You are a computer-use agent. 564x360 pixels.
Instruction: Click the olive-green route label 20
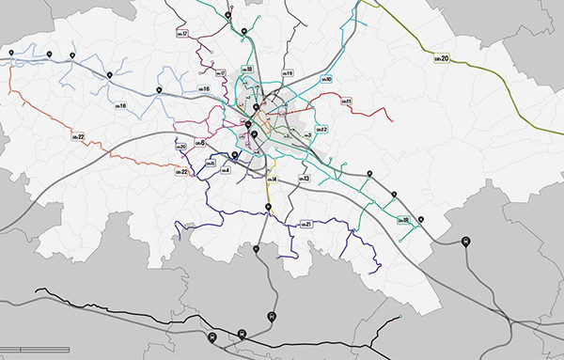442,59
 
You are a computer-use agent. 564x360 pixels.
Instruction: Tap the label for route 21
305,224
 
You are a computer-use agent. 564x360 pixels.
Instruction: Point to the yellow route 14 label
271,179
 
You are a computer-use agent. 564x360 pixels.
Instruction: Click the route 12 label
320,130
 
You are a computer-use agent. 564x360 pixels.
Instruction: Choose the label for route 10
325,80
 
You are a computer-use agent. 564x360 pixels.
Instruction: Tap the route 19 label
288,73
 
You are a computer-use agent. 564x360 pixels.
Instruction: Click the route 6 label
198,142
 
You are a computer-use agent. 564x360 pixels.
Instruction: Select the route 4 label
224,170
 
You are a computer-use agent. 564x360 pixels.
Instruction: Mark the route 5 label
211,164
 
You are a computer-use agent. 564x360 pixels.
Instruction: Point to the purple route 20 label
181,147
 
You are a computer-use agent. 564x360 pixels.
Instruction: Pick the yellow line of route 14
267,193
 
